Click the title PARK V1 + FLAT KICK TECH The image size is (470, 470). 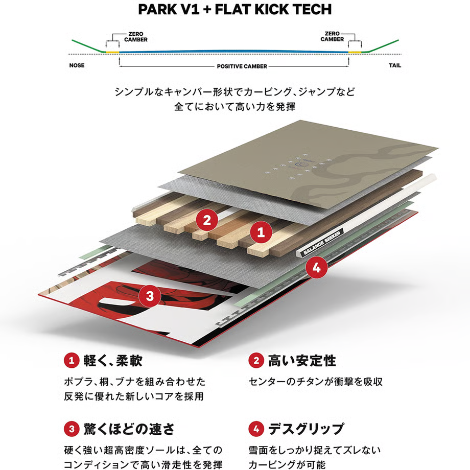235,10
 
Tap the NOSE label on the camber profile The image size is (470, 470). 77,66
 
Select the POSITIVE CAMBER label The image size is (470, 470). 234,66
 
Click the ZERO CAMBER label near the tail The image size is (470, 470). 332,36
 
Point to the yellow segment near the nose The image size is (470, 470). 112,52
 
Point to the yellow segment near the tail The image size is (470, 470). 355,52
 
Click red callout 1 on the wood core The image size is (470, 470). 261,233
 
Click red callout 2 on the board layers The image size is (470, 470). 207,221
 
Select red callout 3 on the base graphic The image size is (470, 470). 149,295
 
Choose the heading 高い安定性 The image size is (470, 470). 302,361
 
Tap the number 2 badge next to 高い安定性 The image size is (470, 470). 255,361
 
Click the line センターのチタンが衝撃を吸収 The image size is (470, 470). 315,382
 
